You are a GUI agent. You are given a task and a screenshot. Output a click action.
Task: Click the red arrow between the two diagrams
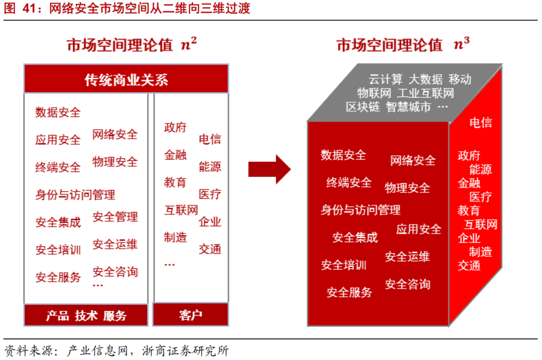tap(269, 169)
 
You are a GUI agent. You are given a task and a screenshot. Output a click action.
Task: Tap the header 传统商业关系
tap(126, 80)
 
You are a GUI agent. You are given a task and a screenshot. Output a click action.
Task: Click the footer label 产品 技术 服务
tap(86, 315)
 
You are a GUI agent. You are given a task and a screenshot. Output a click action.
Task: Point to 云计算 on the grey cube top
tap(385, 79)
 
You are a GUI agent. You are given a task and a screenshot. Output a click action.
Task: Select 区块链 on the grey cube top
tap(363, 107)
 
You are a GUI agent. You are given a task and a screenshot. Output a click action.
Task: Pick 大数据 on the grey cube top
tap(426, 79)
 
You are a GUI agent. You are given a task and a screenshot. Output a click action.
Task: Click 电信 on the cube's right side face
tap(480, 123)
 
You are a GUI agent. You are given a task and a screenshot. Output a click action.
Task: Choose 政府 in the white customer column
tap(175, 127)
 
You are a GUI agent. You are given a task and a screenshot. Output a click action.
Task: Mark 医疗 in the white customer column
tap(210, 194)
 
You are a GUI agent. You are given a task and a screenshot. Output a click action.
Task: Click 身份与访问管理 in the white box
tap(75, 194)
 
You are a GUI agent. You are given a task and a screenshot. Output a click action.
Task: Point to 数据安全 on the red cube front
tap(344, 155)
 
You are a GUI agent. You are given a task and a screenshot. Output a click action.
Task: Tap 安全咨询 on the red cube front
tap(408, 284)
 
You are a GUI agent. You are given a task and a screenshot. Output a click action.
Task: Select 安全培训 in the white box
tap(58, 249)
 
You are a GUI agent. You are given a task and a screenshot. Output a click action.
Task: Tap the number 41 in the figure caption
tap(29, 9)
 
